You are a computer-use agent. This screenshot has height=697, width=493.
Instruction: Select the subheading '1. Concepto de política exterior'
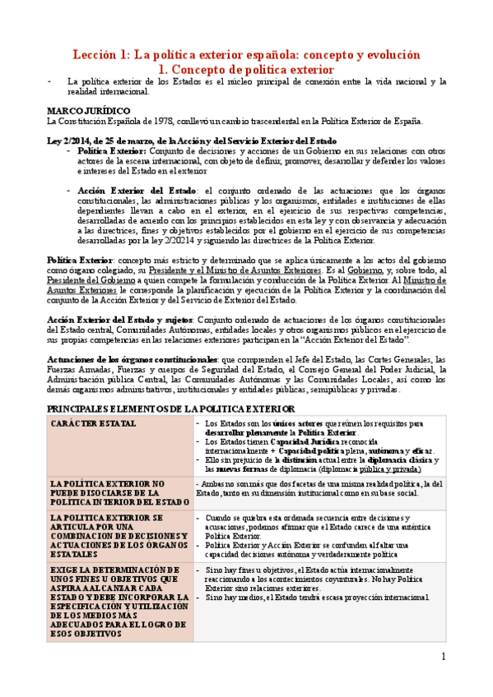click(246, 70)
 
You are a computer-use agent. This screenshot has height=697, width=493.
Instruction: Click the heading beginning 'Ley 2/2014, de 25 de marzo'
click(191, 140)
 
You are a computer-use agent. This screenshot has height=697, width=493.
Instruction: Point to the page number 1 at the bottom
click(443, 656)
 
